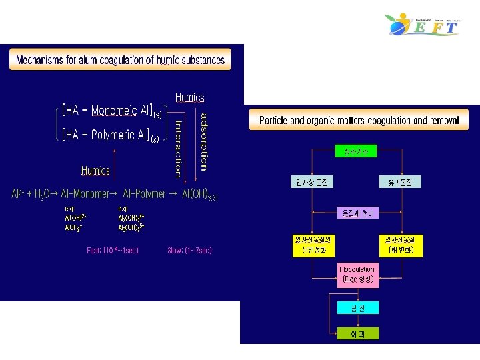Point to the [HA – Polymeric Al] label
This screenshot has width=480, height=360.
[110, 135]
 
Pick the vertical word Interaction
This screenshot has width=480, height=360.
[178, 149]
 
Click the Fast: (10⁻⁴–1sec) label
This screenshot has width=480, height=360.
[113, 251]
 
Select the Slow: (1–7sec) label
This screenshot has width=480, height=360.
[189, 251]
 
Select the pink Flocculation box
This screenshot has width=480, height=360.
[359, 275]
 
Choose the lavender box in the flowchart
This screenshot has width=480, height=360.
[358, 213]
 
